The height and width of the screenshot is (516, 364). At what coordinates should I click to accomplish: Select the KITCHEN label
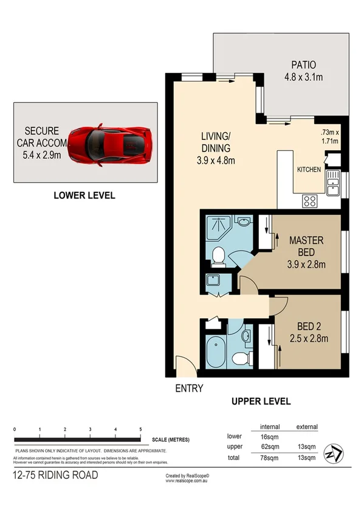(x=309, y=170)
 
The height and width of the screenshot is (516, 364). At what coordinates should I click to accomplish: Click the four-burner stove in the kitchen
(x=309, y=200)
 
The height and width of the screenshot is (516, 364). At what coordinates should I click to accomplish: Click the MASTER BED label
(x=307, y=246)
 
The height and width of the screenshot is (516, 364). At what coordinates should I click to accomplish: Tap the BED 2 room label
(x=309, y=326)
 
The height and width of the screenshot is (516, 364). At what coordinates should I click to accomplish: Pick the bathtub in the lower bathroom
(x=216, y=352)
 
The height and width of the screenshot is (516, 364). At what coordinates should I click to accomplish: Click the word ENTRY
(x=188, y=388)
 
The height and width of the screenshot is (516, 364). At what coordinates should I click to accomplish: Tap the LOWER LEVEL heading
(x=84, y=195)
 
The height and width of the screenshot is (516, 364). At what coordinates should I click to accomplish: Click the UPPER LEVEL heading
(x=261, y=401)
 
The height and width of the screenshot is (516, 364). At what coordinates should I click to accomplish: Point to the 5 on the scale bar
(x=141, y=430)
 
